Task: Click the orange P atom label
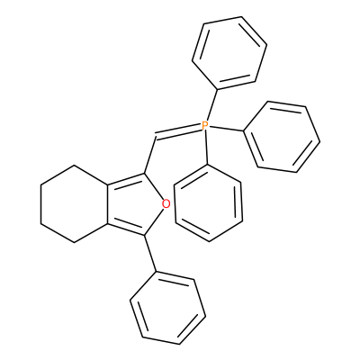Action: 204,125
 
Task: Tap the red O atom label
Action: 166,204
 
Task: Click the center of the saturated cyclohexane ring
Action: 74,203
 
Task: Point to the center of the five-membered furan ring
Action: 139,204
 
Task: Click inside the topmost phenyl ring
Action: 229,53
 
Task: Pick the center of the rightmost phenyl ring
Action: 282,137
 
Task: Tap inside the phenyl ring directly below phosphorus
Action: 208,202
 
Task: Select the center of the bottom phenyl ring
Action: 167,308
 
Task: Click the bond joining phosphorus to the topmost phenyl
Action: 211,104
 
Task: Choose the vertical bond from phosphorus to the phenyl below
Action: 206,148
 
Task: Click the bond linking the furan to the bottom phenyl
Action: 150,254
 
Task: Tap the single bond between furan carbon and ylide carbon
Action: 150,156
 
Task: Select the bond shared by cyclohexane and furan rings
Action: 107,203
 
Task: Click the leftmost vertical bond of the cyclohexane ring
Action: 40,203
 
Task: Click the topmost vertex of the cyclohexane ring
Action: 74,165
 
